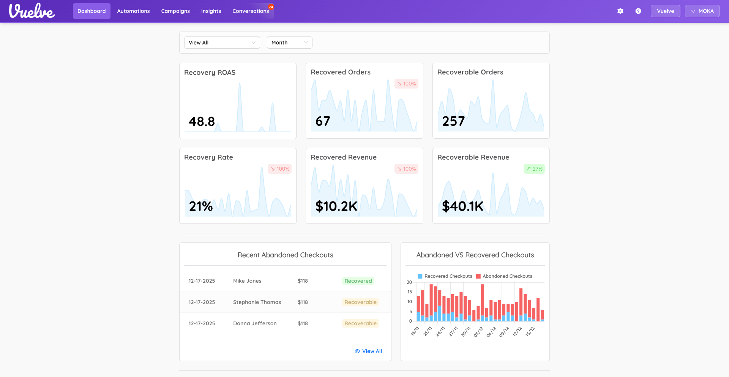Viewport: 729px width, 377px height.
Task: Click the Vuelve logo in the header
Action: pos(32,11)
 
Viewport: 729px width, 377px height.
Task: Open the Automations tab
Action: pos(133,11)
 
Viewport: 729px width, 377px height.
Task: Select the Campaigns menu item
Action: pos(175,11)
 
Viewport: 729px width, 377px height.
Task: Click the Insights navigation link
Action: pos(211,11)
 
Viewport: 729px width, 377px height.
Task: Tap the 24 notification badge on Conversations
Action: pos(271,7)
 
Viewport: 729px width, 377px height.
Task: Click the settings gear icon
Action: pos(620,11)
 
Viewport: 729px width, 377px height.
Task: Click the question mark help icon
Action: pos(638,11)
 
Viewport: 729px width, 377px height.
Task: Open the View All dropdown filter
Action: pos(222,43)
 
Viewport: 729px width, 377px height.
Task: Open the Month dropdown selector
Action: pos(289,43)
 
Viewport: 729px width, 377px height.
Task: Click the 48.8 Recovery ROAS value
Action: pos(202,122)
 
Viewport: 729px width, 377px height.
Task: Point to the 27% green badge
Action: pos(534,169)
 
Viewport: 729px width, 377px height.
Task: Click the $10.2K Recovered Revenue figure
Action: pos(336,206)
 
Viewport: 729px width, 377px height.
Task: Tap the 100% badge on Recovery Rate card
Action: pos(280,169)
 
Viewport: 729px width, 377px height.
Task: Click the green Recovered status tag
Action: pos(358,281)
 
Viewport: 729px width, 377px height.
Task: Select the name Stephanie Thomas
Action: pos(257,302)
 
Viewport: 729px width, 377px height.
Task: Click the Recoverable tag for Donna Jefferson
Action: pos(360,323)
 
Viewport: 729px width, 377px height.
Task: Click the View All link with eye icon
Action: pos(368,351)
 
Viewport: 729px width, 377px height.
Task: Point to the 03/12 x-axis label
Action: pos(478,331)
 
